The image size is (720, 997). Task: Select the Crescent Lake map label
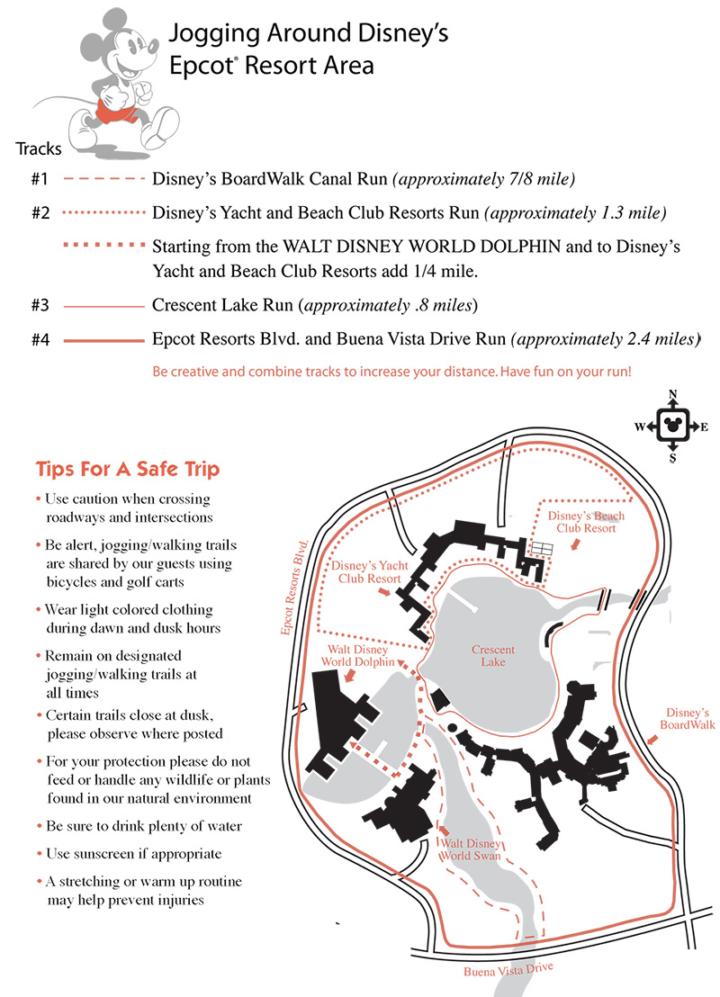click(493, 656)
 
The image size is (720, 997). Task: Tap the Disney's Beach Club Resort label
click(586, 522)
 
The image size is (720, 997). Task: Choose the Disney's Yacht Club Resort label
click(370, 572)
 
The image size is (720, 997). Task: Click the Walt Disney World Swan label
click(468, 849)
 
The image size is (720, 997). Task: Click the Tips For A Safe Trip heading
click(127, 469)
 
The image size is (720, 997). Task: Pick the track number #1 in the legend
click(40, 179)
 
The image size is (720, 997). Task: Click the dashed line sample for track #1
click(103, 179)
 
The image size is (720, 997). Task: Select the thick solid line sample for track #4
click(103, 341)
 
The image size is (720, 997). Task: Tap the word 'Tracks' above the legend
click(39, 148)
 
